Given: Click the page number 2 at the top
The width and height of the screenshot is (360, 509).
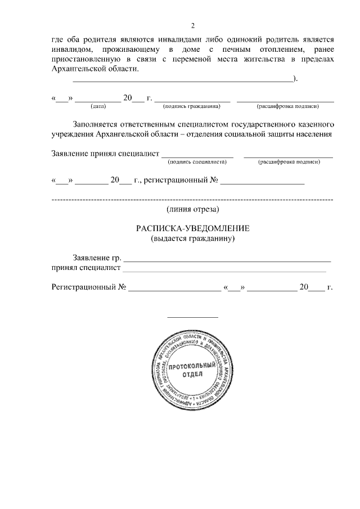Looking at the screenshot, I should (x=192, y=26).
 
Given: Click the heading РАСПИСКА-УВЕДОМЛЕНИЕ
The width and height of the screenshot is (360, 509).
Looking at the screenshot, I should (x=192, y=228).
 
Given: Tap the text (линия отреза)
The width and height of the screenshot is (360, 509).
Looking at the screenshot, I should (x=192, y=209).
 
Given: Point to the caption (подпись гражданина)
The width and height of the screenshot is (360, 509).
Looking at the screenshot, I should (x=189, y=106).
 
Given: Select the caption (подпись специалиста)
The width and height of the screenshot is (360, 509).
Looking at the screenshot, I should (x=197, y=162).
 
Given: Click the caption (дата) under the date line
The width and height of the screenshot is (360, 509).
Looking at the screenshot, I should (x=98, y=106).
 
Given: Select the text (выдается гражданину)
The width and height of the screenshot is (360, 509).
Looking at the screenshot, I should (x=192, y=238).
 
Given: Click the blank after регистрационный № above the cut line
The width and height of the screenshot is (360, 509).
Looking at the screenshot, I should (x=263, y=183).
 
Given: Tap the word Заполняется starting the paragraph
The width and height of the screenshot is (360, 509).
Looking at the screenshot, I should (x=96, y=123).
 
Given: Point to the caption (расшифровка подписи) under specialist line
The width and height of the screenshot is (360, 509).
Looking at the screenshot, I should (x=289, y=162).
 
